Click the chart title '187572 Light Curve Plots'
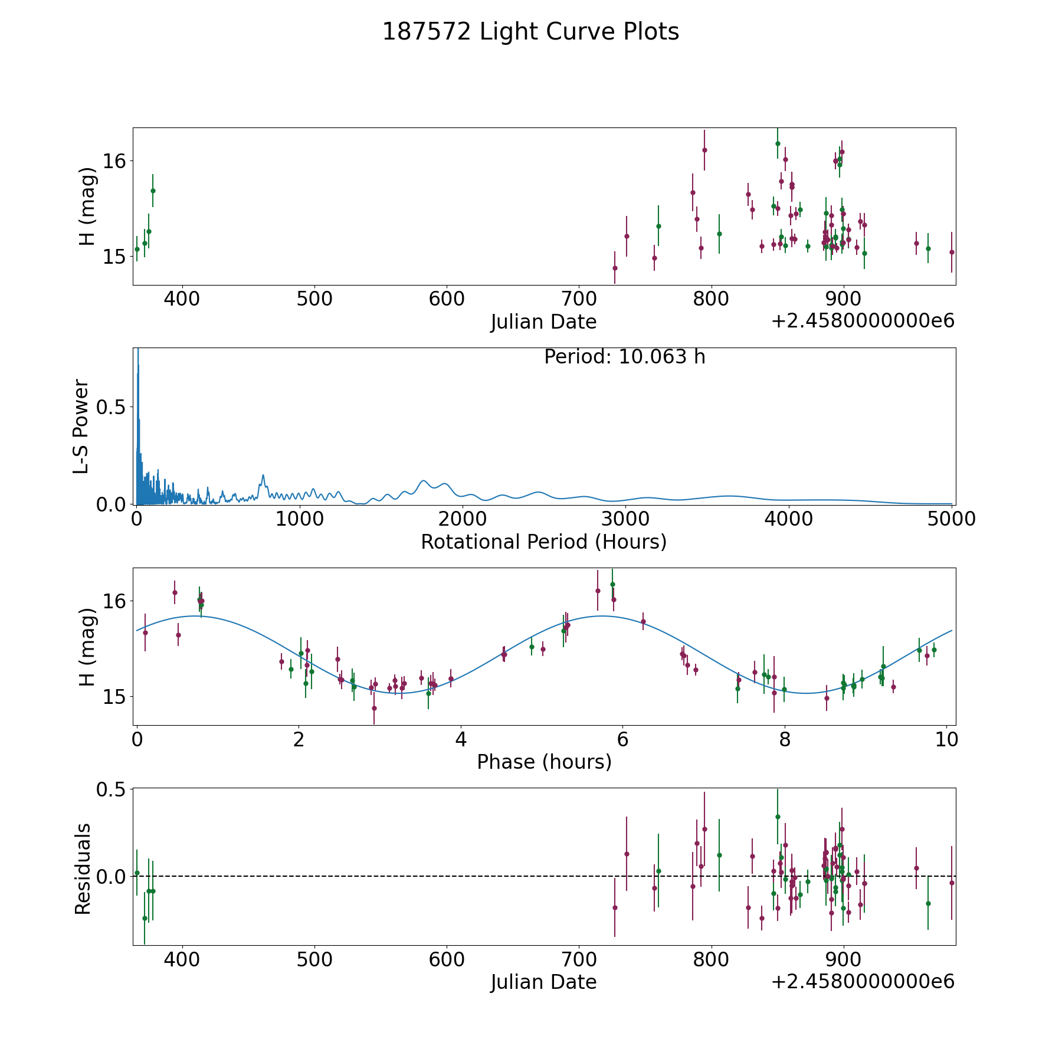coord(530,32)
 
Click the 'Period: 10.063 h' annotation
coord(624,357)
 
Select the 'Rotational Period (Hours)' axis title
coord(543,542)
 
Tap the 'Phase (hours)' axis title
coord(543,762)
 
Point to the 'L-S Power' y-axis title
coord(81,426)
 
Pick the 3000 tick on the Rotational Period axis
coord(625,519)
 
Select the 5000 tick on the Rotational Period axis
coord(951,519)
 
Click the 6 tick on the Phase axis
coord(622,739)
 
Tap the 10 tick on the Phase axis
coord(946,739)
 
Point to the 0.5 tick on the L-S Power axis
coord(112,408)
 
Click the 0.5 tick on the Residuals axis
coord(112,789)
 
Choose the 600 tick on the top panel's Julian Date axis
coord(447,299)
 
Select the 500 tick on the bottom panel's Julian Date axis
coord(314,959)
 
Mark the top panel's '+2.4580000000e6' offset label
coord(863,322)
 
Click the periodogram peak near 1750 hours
coord(424,481)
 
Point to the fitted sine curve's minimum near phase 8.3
coord(807,693)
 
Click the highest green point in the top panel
coord(778,143)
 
